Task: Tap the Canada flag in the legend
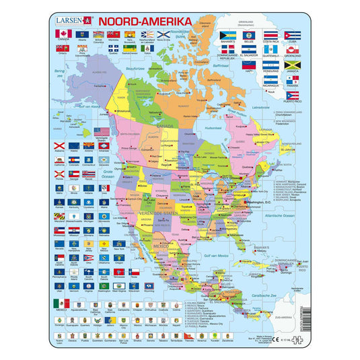(64, 34)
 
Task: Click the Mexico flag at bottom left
(61, 303)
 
